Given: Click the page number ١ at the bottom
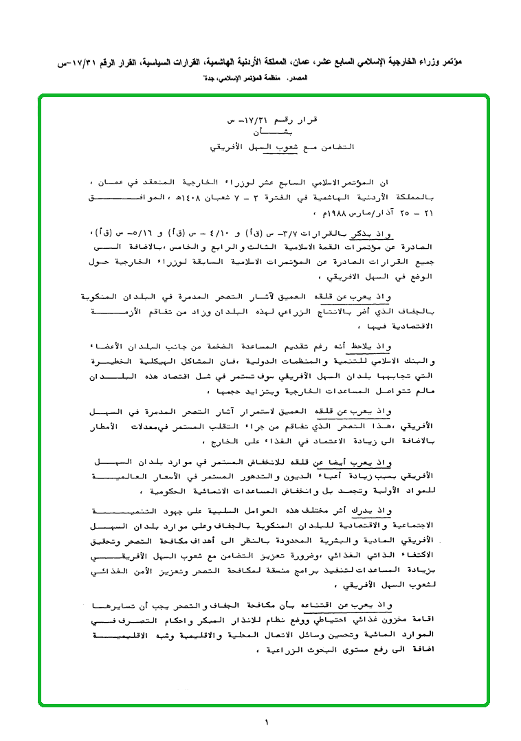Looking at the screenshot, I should point(266,722).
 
